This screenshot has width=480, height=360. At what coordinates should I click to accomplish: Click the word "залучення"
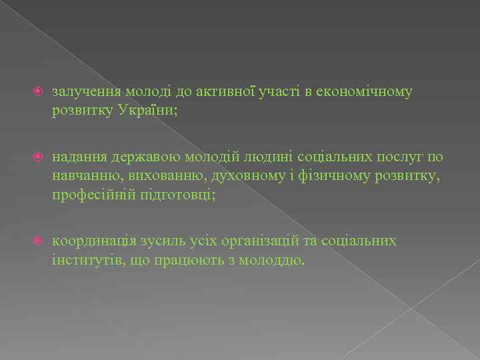point(81,92)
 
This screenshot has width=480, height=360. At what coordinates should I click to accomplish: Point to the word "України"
point(147,110)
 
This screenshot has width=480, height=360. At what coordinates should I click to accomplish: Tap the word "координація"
point(93,241)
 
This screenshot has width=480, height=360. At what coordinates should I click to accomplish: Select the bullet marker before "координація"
point(39,241)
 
